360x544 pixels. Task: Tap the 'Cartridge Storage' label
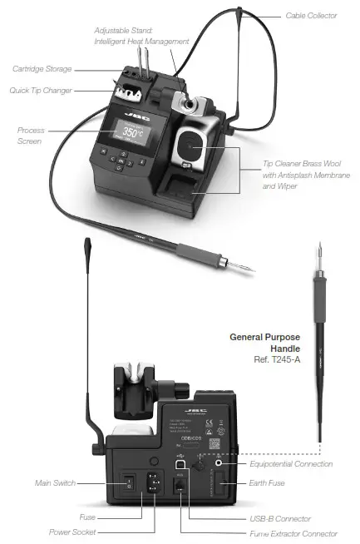42,68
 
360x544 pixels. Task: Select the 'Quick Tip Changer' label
42,90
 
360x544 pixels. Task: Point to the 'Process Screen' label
31,136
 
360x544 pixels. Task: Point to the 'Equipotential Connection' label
291,463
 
